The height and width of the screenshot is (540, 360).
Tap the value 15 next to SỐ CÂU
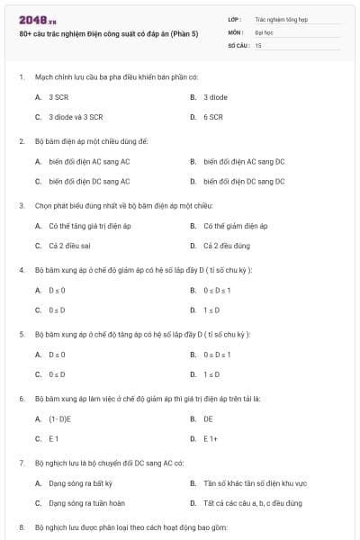(258, 44)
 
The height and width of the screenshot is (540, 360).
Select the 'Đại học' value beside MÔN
(263, 31)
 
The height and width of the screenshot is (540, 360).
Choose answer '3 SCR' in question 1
(58, 96)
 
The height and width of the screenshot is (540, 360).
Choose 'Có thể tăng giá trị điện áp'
(89, 225)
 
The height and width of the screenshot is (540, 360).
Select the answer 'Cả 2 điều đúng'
(227, 246)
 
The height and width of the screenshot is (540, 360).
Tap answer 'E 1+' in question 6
(211, 438)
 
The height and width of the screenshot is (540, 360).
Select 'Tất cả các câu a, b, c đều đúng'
(251, 503)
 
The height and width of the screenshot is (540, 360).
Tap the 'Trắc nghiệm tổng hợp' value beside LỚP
(280, 17)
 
